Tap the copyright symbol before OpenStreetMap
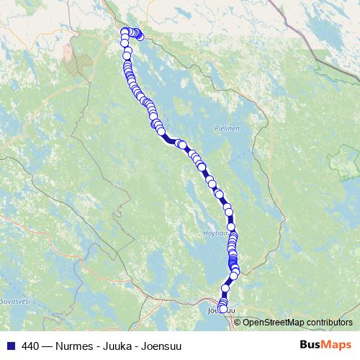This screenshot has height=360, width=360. (x=238, y=322)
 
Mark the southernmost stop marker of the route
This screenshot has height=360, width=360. (x=223, y=309)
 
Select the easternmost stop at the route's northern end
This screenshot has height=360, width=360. (x=140, y=35)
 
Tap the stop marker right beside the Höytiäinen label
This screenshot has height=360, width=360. (x=231, y=228)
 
